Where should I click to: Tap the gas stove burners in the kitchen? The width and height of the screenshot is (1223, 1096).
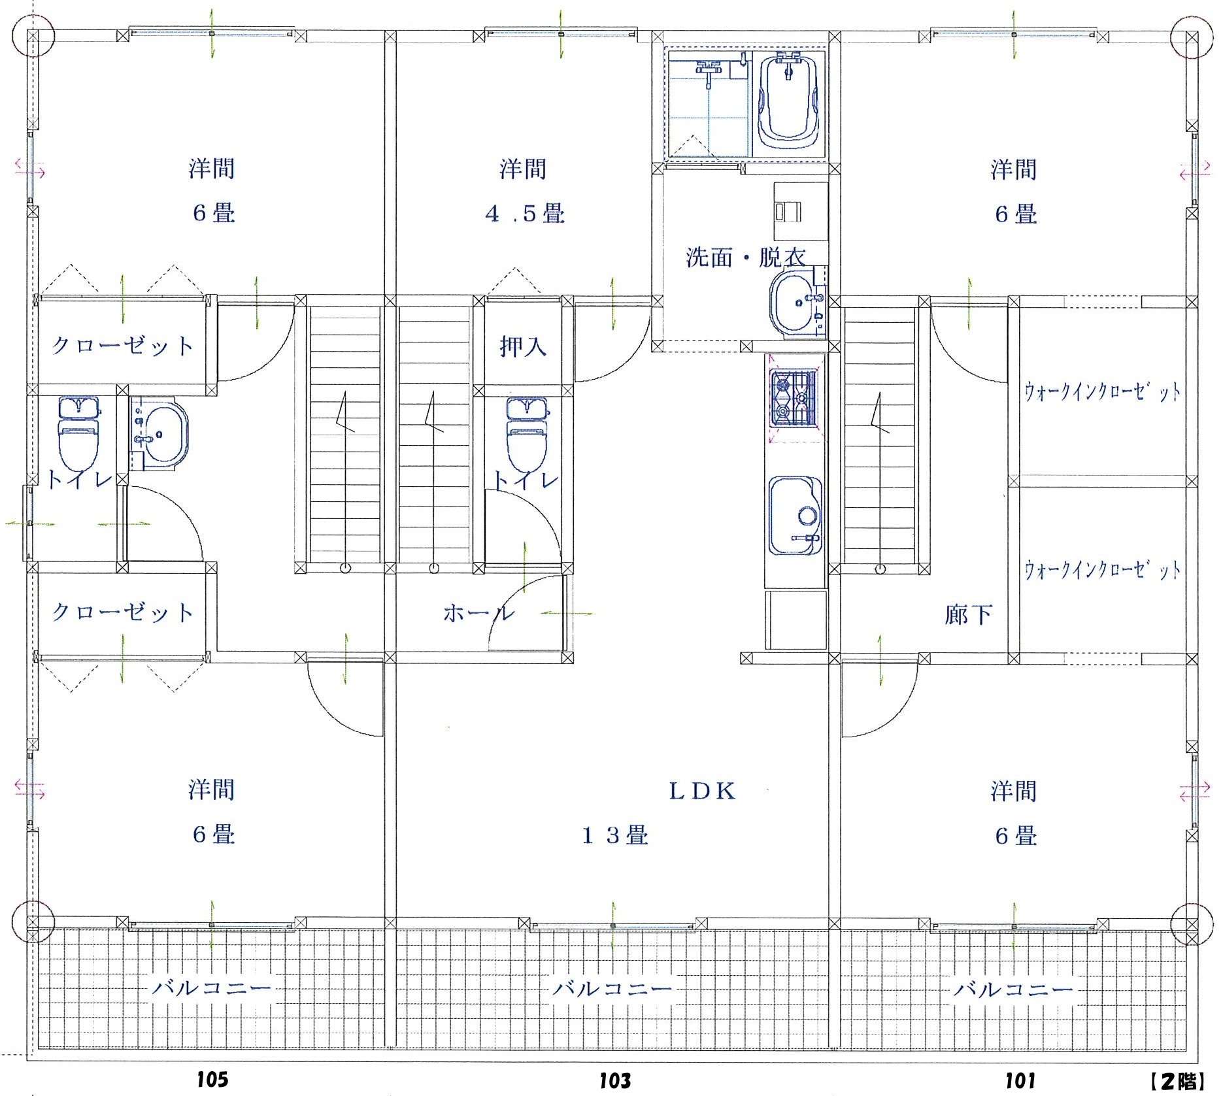click(794, 398)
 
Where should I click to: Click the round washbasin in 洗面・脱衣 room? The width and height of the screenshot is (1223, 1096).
click(797, 302)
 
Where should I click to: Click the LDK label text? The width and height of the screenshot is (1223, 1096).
click(703, 791)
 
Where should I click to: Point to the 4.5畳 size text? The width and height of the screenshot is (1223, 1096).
click(525, 214)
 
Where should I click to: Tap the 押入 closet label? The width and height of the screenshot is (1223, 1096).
click(523, 346)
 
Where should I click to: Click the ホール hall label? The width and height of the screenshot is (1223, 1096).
click(478, 613)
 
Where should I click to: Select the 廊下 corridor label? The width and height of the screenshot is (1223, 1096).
click(969, 614)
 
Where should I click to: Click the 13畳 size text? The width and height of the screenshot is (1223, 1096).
click(615, 835)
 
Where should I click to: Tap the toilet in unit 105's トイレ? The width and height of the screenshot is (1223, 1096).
click(79, 431)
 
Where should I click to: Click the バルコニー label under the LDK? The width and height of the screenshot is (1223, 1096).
click(612, 988)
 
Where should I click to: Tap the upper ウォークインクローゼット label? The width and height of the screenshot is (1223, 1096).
click(1103, 392)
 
